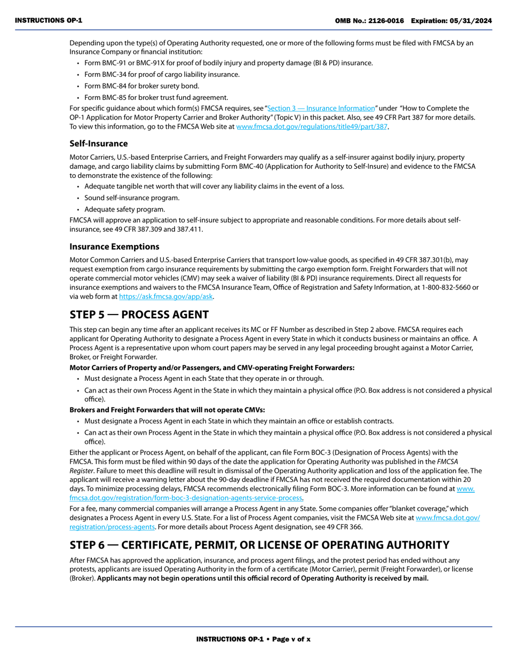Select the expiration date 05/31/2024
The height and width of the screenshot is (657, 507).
[474, 20]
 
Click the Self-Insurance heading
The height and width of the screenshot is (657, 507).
[99, 143]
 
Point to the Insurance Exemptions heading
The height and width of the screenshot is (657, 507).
[114, 246]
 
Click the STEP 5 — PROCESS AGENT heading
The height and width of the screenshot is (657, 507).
[139, 315]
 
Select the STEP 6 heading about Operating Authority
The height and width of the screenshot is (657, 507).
[259, 545]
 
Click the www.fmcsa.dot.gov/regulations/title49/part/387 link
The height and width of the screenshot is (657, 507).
[312, 127]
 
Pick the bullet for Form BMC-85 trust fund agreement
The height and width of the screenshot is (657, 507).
[156, 97]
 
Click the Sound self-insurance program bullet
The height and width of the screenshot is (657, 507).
[131, 198]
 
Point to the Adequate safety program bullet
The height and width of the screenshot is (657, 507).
[124, 209]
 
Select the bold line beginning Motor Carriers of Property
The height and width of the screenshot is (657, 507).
[212, 367]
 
